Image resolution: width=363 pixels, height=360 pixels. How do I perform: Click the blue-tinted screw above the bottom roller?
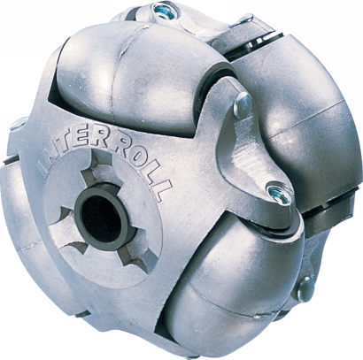coord(279,193)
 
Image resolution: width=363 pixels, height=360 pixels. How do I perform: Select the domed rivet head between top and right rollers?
coord(243,105)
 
